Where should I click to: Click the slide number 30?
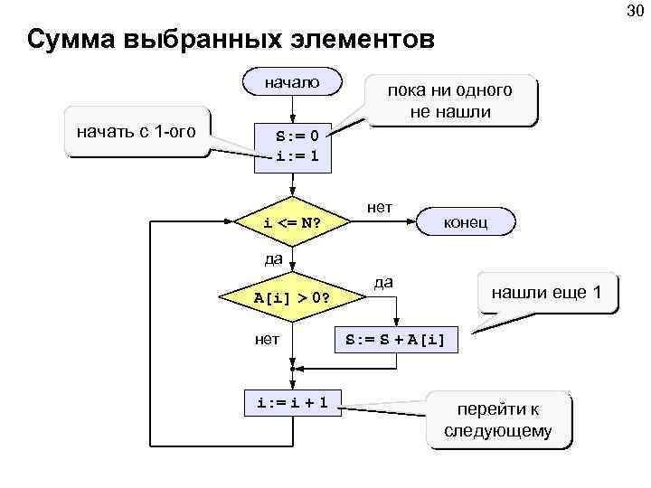point(634,11)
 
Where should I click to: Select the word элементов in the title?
point(366,41)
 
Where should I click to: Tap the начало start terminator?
point(292,82)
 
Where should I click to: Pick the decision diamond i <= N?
point(293,222)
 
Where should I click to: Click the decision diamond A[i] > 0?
point(291,296)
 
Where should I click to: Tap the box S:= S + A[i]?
point(396,340)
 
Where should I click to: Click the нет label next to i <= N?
point(380,207)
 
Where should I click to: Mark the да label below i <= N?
point(273,259)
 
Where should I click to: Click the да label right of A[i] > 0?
point(383,281)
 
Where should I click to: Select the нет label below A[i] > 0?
point(267,339)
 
